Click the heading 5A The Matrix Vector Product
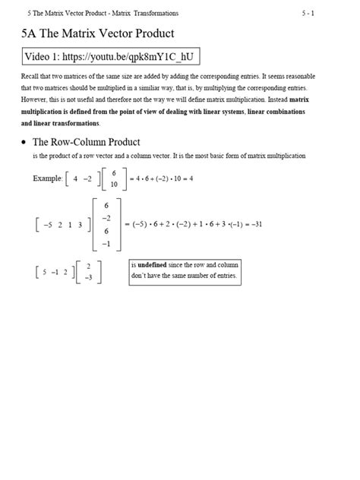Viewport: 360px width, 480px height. [x=99, y=33]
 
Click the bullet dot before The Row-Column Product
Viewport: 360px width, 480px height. [x=26, y=142]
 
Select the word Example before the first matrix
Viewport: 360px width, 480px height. [x=47, y=178]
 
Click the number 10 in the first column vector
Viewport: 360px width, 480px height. [x=113, y=185]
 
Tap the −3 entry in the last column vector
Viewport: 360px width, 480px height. [x=89, y=277]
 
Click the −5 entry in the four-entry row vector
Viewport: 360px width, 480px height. [x=48, y=225]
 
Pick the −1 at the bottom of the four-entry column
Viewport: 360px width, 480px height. [x=106, y=243]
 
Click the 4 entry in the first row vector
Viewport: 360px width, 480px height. [x=77, y=179]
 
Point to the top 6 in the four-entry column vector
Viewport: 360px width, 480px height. [x=106, y=205]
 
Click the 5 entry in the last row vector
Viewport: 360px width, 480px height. [x=46, y=272]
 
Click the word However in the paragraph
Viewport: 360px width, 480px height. [x=38, y=100]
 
